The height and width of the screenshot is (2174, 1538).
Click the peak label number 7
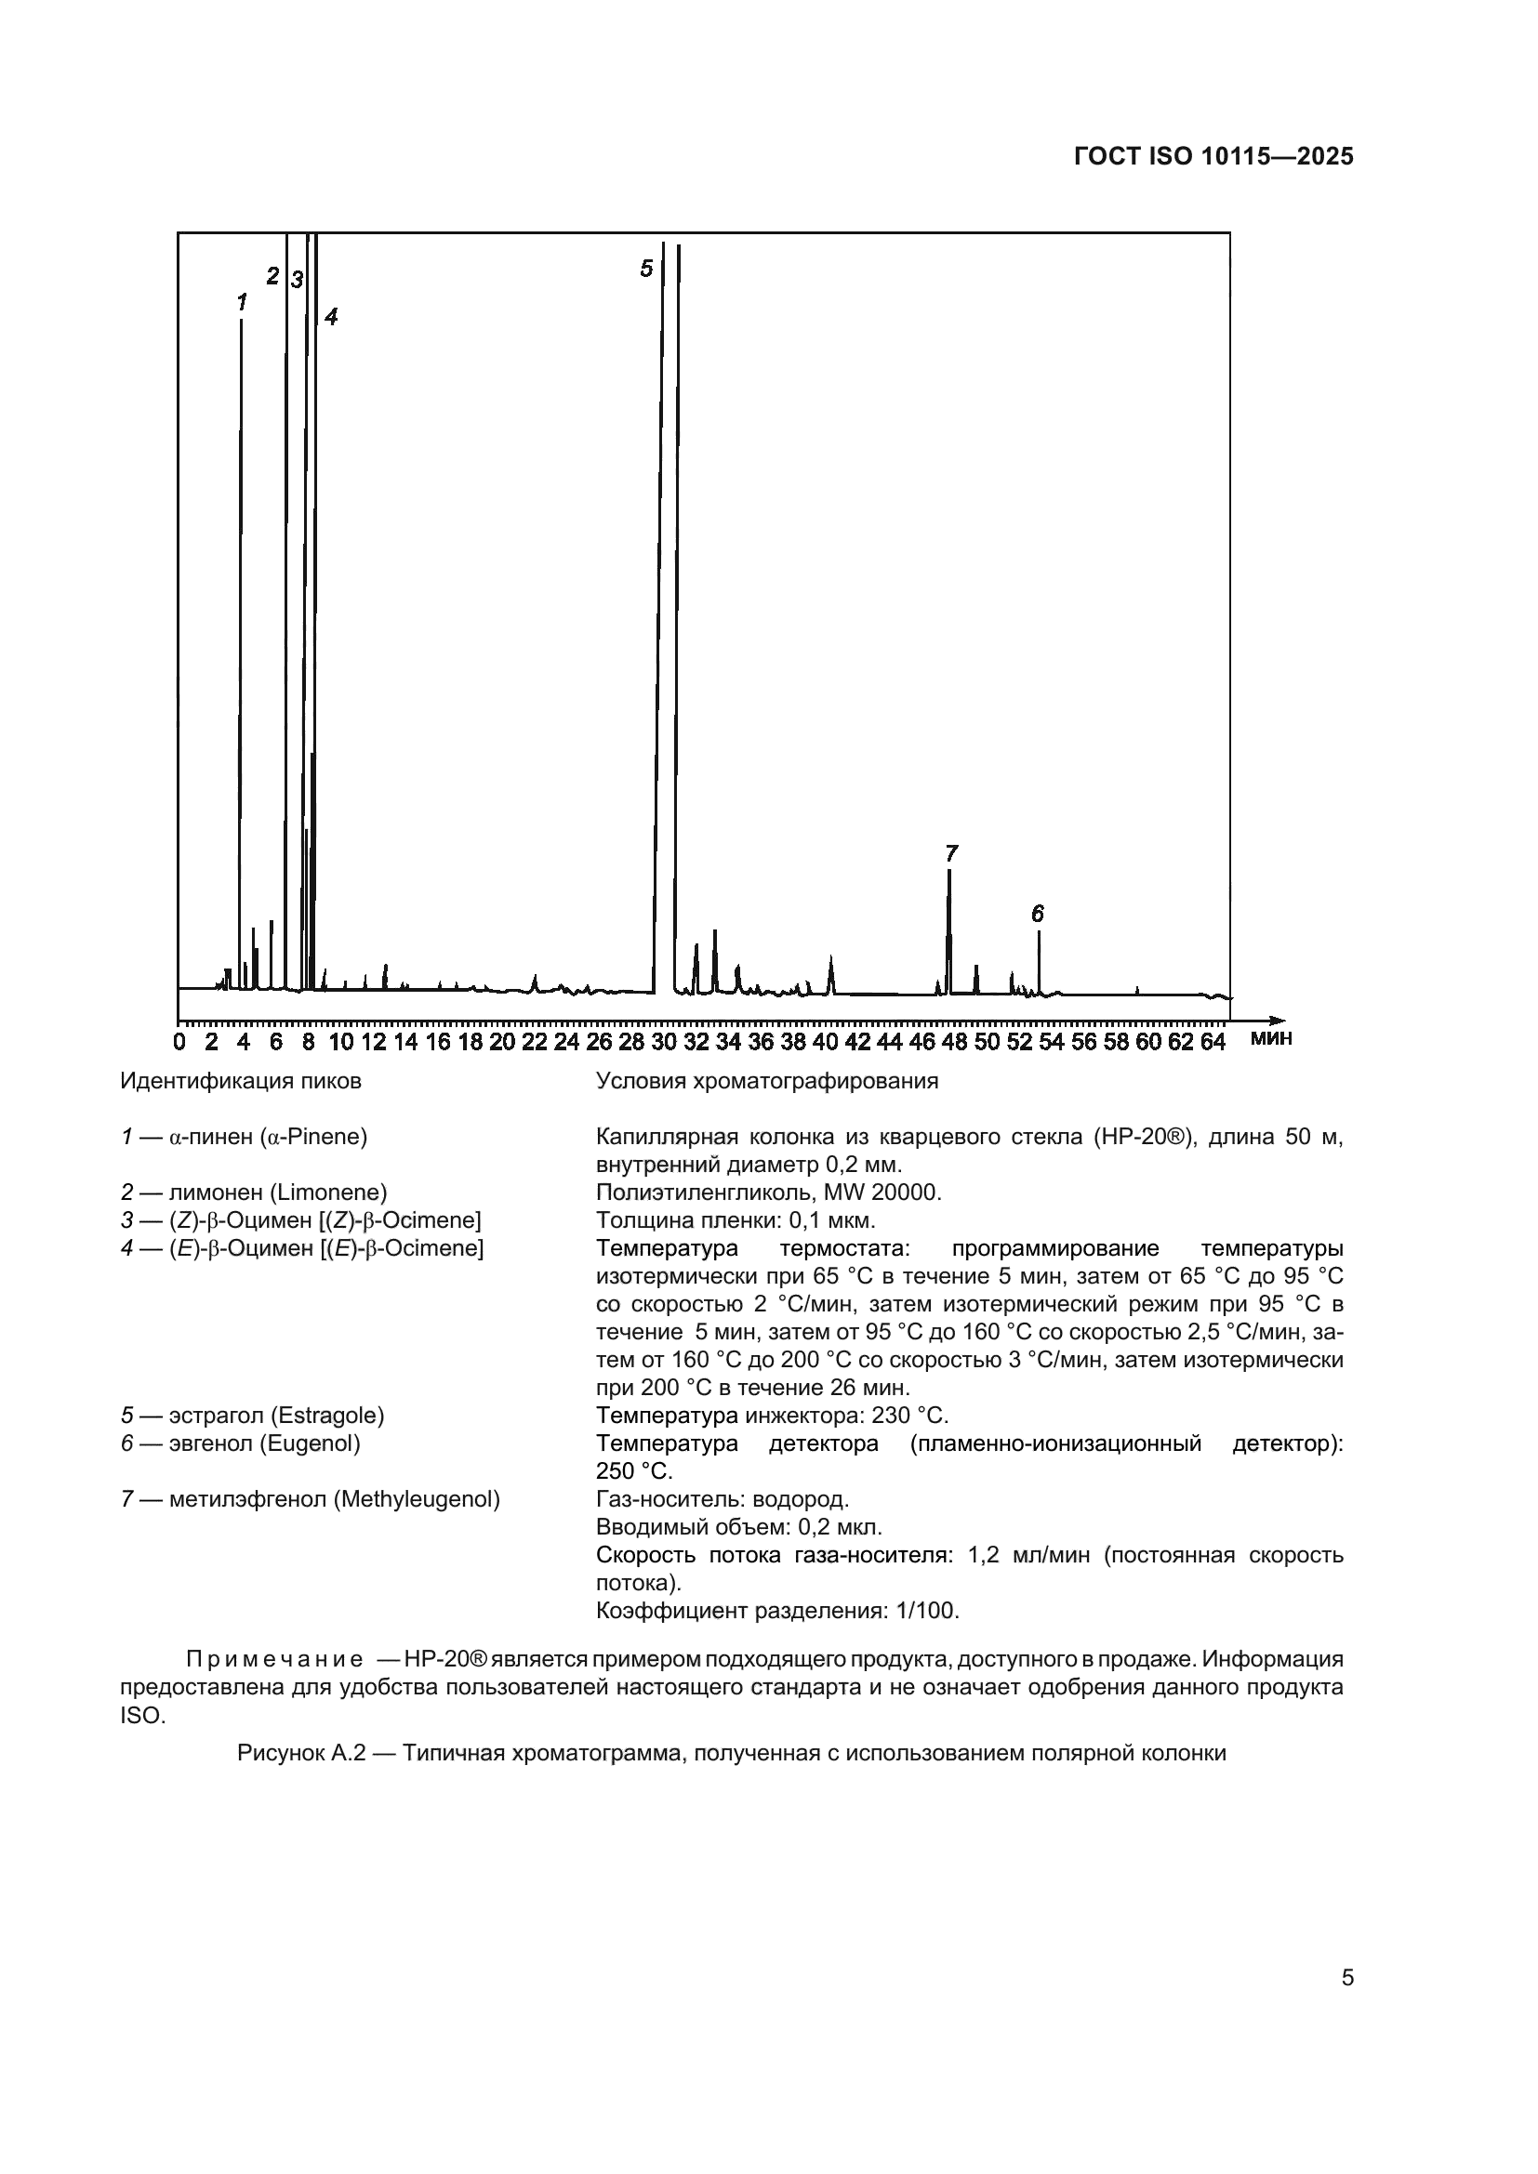click(x=951, y=853)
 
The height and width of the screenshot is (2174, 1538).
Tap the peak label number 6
click(x=1037, y=914)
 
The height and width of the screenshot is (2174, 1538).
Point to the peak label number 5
click(x=646, y=269)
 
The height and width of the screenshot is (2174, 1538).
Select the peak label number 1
click(x=242, y=302)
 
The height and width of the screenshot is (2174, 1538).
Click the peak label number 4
click(x=330, y=317)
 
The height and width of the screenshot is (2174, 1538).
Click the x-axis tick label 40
click(x=826, y=1043)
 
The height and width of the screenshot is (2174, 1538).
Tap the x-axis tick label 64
click(x=1213, y=1043)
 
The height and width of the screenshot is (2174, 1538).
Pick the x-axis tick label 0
click(x=179, y=1043)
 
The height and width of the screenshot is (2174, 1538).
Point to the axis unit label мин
click(x=1271, y=1039)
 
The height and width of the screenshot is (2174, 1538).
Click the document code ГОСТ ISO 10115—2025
click(x=1213, y=157)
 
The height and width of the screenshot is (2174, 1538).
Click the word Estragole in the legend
click(x=327, y=1416)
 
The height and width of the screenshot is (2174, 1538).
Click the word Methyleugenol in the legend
click(x=416, y=1500)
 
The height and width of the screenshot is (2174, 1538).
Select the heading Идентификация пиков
click(x=241, y=1081)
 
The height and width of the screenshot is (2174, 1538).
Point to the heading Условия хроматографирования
click(x=766, y=1081)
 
